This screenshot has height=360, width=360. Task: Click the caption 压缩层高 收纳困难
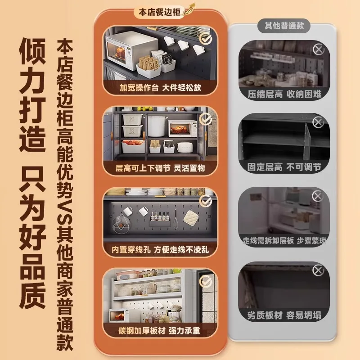(x=284, y=94)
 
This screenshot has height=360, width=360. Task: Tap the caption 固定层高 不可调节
(x=284, y=167)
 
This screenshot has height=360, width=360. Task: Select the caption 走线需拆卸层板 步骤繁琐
(x=284, y=241)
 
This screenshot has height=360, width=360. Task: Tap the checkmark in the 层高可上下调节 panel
(x=206, y=119)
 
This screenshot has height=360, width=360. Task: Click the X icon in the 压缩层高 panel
(x=318, y=49)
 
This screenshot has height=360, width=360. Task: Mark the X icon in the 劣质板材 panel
(x=318, y=270)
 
